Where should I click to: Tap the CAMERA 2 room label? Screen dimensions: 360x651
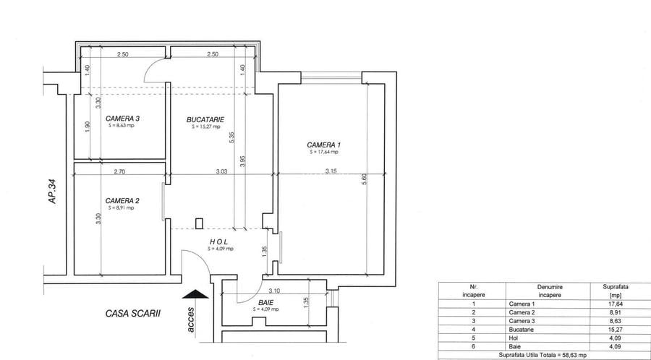coord(122,201)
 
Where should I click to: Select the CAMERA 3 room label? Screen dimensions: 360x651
coord(122,119)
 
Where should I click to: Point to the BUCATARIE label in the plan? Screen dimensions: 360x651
coord(205,119)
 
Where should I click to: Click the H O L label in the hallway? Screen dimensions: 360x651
coord(221,241)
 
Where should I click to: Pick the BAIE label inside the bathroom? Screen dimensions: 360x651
coord(265,302)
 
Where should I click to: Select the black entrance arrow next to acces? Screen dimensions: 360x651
coord(195,293)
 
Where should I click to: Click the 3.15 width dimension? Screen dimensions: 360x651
coord(332,171)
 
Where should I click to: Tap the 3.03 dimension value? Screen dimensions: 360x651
coord(221,171)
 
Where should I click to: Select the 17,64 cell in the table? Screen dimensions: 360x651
coord(617,304)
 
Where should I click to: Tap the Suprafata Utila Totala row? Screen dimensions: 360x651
coord(543,356)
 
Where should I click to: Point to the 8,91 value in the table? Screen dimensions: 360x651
coord(617,312)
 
